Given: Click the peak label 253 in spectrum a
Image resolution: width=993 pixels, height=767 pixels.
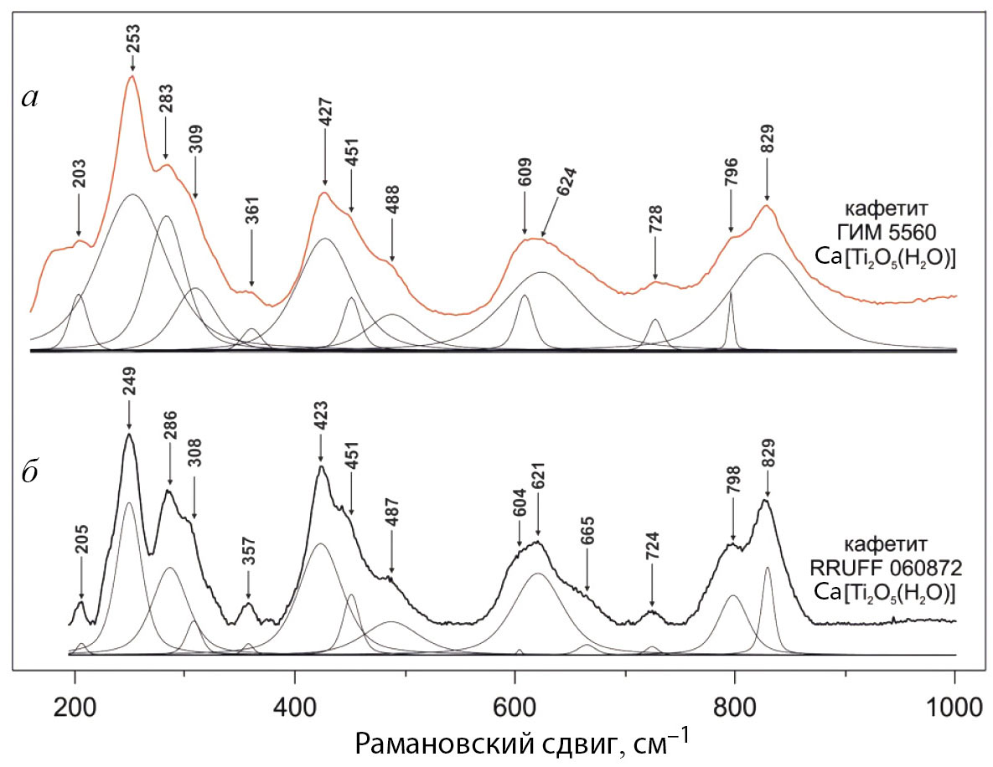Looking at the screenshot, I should click(x=132, y=39).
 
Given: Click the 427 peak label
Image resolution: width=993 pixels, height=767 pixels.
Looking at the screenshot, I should click(x=325, y=113).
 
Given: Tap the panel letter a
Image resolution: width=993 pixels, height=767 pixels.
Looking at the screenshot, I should click(x=30, y=98).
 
